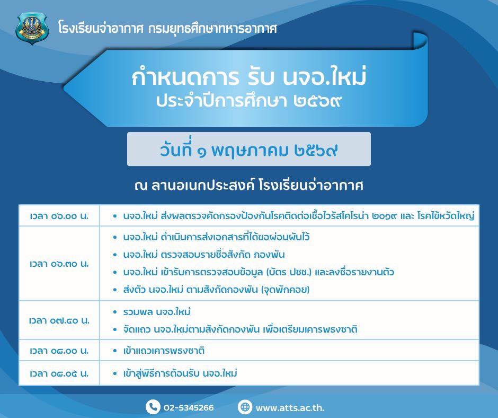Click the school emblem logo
32,28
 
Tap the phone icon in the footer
153,407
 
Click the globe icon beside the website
245,407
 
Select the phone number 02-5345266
189,407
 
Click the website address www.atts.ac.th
290,408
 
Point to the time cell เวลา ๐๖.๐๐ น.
59,216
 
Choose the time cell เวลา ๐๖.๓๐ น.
59,264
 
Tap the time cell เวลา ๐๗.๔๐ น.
59,320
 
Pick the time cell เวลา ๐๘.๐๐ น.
59,351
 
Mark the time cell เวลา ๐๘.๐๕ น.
59,373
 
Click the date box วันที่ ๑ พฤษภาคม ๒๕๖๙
249,149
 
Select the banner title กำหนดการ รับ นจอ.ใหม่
249,77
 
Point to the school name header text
167,29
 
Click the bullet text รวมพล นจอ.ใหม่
157,312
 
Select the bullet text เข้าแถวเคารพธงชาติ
164,351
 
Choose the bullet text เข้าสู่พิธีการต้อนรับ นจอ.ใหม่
180,373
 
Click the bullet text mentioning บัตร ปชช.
259,272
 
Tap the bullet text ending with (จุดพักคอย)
216,290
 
